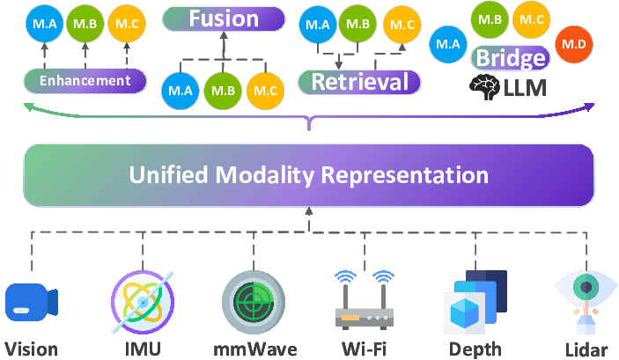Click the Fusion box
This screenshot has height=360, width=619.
(x=224, y=18)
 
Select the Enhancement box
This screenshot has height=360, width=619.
(x=85, y=80)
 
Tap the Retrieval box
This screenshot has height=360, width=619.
(x=359, y=82)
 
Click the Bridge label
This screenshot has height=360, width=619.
(x=511, y=57)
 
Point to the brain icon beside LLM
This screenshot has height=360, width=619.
(x=485, y=87)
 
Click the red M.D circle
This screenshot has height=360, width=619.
(x=573, y=44)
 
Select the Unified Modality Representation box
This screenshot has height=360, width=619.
(x=309, y=175)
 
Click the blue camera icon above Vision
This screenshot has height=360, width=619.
(x=32, y=302)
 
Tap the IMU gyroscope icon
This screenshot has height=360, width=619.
(x=143, y=302)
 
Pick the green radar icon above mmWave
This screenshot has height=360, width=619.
(x=254, y=303)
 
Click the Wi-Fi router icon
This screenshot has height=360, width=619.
(x=365, y=300)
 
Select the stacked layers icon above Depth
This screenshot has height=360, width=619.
(x=475, y=303)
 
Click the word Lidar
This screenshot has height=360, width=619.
(x=586, y=350)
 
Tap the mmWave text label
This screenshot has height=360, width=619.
(x=255, y=349)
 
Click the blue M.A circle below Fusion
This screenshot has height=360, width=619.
(x=181, y=91)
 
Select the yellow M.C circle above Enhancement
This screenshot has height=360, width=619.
(x=127, y=24)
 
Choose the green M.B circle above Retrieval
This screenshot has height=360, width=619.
(x=357, y=24)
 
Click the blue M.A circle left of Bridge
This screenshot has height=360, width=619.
(x=448, y=44)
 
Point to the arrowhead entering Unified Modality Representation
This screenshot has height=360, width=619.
(x=309, y=211)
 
